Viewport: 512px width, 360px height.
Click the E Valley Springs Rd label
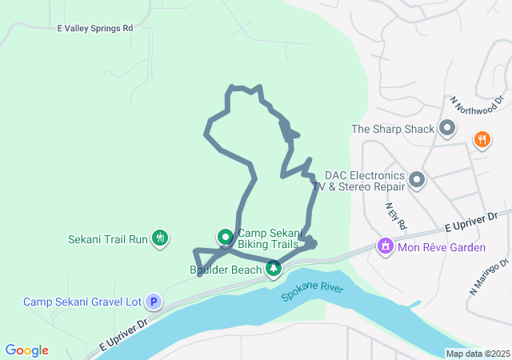tap(95, 28)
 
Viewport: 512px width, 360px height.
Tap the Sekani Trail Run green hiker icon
tap(161, 238)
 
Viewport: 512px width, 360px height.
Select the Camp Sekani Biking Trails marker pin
tap(225, 237)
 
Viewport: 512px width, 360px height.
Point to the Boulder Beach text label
tap(226, 270)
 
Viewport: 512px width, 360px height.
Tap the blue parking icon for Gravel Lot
tap(153, 302)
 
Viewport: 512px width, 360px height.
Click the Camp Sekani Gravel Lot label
tap(82, 302)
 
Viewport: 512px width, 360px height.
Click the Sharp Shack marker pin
tap(446, 128)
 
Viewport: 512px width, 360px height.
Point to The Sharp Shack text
tap(393, 129)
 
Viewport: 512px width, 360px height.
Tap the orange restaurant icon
tap(482, 139)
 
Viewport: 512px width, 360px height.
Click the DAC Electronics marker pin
tap(417, 180)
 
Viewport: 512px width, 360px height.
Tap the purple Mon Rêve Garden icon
tap(386, 246)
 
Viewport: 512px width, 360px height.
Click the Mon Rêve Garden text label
tap(442, 247)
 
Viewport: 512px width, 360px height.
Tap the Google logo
tap(26, 350)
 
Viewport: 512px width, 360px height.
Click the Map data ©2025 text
tap(477, 354)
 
